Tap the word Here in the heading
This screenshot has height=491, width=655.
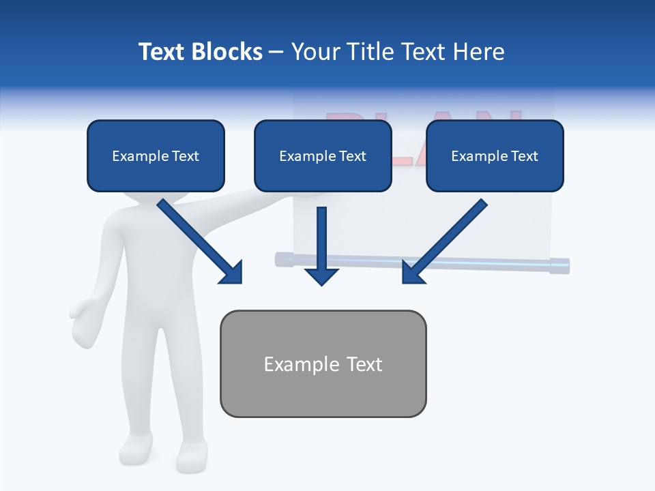tap(478, 52)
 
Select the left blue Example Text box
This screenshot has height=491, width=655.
tap(156, 155)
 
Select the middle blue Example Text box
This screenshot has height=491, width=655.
tap(323, 155)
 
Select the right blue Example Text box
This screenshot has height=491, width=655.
tap(495, 155)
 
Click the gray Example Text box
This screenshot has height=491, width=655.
tap(323, 363)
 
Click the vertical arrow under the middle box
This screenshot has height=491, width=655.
tap(321, 239)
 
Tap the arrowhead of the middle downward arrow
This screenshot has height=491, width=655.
tap(321, 276)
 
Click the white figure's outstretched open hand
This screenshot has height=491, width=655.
tap(85, 324)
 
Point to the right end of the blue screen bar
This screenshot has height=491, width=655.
tap(559, 265)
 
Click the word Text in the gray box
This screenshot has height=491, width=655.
tap(364, 364)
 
